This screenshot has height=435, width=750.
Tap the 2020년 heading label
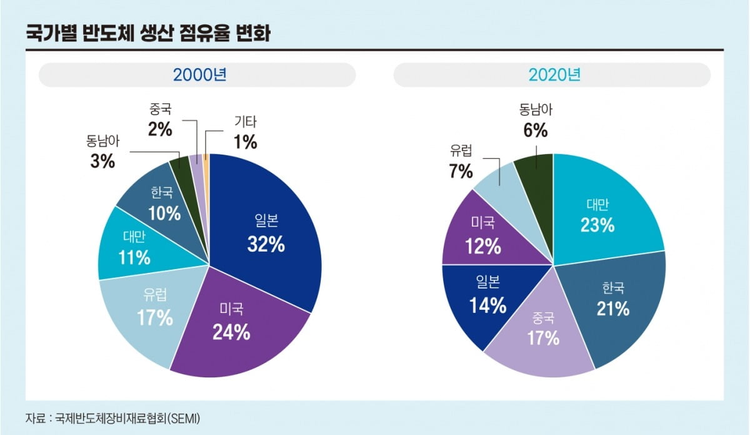coord(554,75)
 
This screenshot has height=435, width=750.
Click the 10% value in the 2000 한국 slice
coord(164,213)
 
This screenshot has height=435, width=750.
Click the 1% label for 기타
coord(245,142)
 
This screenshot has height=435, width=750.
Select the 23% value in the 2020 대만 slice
coord(597,225)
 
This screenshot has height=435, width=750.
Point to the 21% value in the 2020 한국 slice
coord(613,308)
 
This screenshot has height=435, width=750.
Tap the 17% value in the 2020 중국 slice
coord(542,339)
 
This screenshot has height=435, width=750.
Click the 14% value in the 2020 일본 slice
coord(489,305)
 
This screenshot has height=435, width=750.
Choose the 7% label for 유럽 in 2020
coord(461,171)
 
